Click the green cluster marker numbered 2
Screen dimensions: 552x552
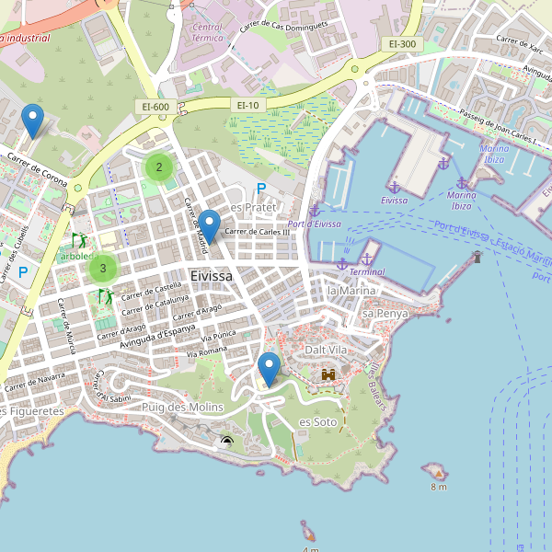(x=159, y=167)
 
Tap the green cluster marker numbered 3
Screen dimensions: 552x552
(x=102, y=269)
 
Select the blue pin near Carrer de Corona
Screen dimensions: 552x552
(x=33, y=121)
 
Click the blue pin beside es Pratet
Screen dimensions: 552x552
(x=210, y=225)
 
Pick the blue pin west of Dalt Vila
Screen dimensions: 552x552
(x=270, y=368)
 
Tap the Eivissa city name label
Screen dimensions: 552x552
(x=211, y=275)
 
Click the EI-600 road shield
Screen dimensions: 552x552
(x=155, y=107)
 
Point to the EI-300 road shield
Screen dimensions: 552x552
(x=402, y=43)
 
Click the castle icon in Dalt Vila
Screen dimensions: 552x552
(x=328, y=375)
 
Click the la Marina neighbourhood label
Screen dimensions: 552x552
(x=351, y=291)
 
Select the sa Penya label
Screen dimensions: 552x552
(x=385, y=314)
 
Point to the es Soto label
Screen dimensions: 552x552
(x=317, y=421)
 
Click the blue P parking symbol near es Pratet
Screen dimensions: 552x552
(x=261, y=189)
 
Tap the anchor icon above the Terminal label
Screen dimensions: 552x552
(x=366, y=259)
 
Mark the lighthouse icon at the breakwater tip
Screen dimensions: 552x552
(x=477, y=257)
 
